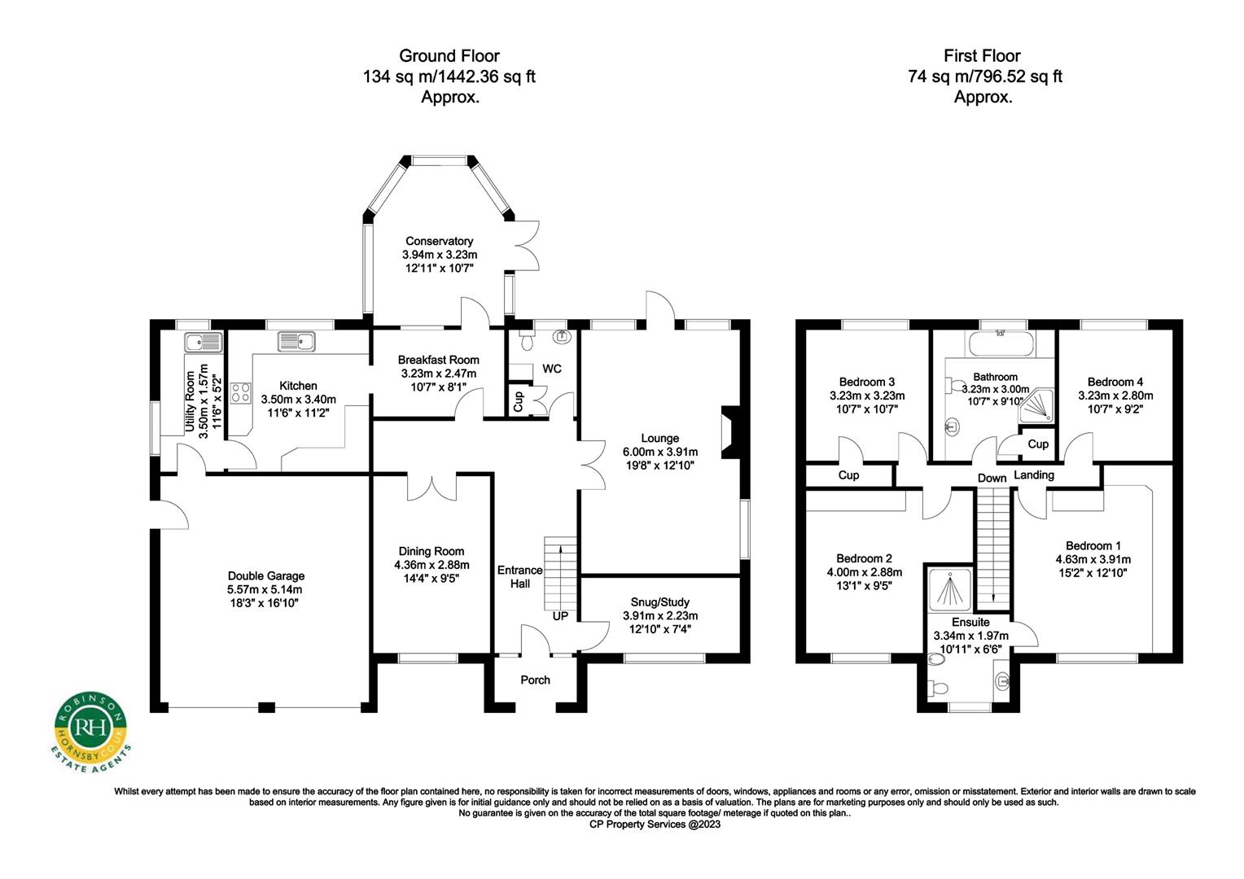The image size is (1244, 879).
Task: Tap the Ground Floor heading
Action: tap(449, 56)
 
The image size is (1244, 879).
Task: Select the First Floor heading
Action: tap(982, 56)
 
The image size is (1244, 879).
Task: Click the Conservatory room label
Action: tap(439, 241)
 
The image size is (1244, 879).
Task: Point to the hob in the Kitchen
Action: tap(240, 394)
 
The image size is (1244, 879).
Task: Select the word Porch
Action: tap(535, 680)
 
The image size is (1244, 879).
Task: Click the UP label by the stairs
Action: tap(560, 616)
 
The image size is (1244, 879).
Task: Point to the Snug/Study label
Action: tap(659, 602)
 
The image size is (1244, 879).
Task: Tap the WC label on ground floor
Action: tap(552, 369)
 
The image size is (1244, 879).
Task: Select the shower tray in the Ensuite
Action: tap(950, 588)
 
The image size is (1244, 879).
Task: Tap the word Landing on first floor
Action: tap(1034, 475)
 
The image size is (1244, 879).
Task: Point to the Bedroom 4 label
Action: tap(1115, 382)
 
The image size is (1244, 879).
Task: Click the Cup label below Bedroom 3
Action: tap(848, 475)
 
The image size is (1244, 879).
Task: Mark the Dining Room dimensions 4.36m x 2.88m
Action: tap(431, 565)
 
